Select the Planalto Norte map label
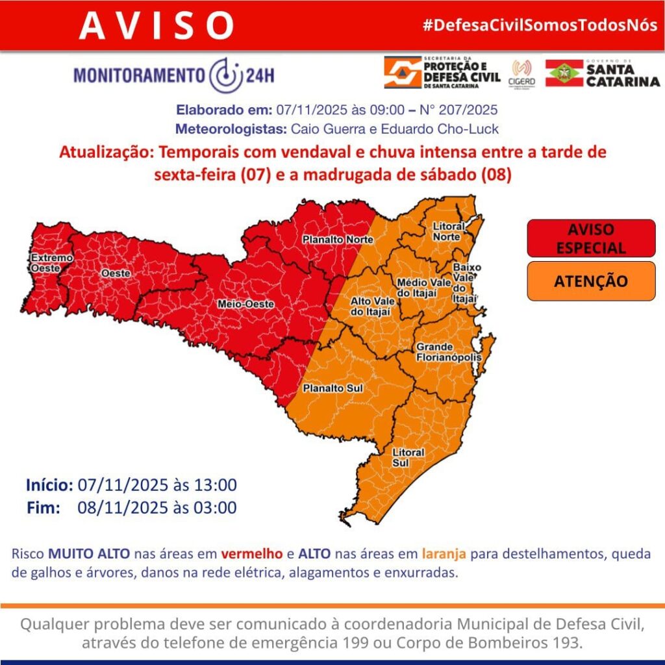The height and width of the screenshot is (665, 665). point(338,240)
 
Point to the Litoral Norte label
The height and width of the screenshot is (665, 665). point(449,231)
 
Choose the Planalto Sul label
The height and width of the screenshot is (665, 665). point(333,388)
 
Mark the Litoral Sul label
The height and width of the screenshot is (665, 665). point(408,457)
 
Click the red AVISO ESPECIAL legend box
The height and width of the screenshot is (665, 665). point(591,238)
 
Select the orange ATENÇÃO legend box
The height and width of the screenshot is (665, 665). point(591,281)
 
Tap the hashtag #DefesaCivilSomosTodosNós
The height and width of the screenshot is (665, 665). point(539,26)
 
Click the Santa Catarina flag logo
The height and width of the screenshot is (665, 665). point(564,73)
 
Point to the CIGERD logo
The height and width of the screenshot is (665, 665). point(522,73)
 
